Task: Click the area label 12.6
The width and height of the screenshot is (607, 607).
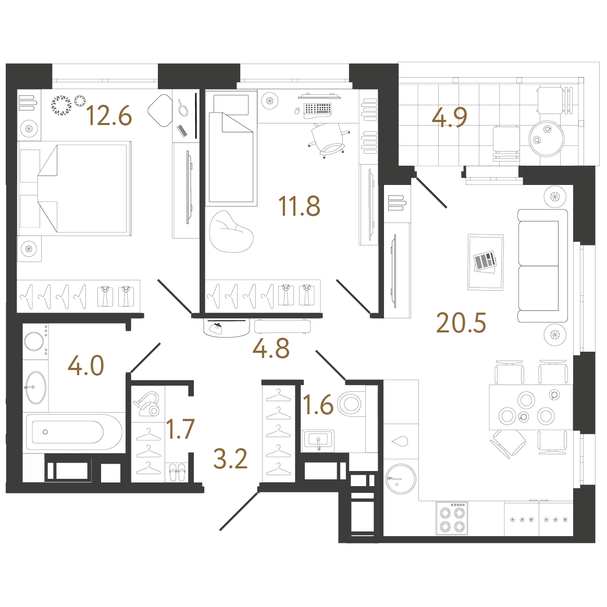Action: point(109,116)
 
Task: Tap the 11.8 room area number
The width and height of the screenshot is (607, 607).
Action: point(299,206)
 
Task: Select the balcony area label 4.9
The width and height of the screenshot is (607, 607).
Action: point(450,117)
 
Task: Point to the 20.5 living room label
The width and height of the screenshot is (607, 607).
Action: point(461,323)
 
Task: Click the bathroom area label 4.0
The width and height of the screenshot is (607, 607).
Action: point(86,365)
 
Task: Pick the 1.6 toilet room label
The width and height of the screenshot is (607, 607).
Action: point(318,405)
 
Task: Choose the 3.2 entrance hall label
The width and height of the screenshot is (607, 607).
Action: point(230,459)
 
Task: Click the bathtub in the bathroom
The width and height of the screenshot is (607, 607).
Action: point(73,431)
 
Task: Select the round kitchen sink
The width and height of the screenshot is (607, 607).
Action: point(401,479)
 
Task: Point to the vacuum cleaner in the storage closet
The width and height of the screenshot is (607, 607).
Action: point(147,403)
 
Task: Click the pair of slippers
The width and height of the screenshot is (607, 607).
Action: point(177,473)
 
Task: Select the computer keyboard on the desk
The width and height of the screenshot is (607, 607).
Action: point(318,110)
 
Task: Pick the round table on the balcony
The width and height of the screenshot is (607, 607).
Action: point(546,139)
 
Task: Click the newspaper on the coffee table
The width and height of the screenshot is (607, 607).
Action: point(485,262)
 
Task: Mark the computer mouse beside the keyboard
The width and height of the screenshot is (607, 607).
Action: point(298,111)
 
